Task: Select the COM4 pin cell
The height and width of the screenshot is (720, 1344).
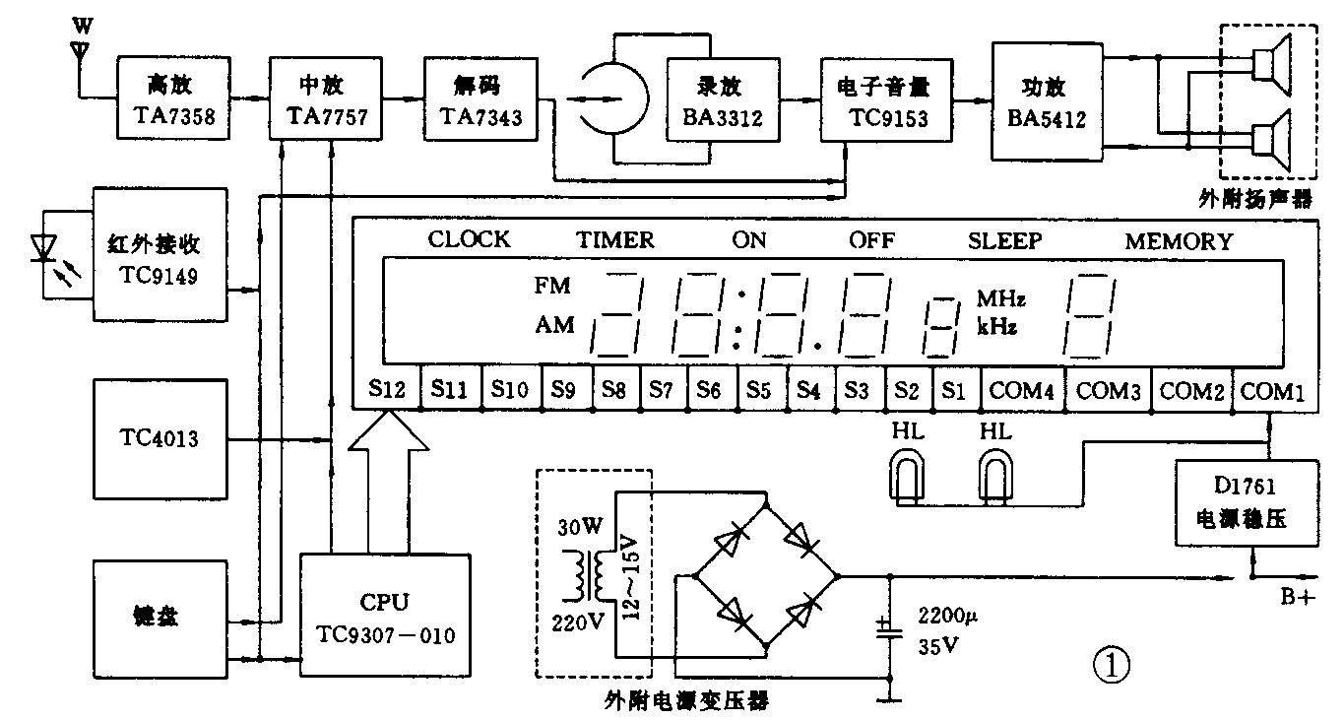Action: click(x=1022, y=390)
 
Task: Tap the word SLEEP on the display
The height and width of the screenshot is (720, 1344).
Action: click(x=1005, y=240)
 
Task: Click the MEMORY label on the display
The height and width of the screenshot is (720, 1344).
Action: click(x=1179, y=240)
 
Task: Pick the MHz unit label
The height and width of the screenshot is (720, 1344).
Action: click(x=1001, y=297)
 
